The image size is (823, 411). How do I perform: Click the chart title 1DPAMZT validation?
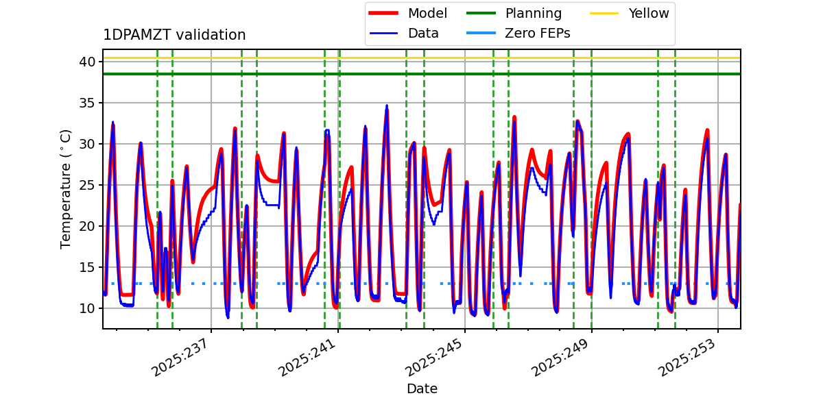coord(174,35)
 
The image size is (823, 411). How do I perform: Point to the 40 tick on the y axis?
coord(88,62)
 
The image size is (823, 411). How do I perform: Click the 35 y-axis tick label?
coord(88,103)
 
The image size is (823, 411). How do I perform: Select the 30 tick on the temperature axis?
coord(88,144)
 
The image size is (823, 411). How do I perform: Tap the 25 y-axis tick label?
coord(88,185)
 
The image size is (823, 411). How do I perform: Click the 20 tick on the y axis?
coord(88,226)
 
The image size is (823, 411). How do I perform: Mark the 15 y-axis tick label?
coord(88,267)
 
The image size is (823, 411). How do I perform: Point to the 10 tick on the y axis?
coord(88,308)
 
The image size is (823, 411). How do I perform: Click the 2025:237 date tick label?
coord(180,357)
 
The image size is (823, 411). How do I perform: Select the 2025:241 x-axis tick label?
coord(307,357)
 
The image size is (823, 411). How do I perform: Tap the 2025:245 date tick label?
coord(434,357)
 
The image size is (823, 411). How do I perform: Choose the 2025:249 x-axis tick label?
coord(561,357)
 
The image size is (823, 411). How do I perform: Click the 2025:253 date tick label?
coord(688,357)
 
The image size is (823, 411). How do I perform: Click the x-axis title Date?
coord(422,388)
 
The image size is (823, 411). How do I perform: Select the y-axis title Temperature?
coord(66,188)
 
